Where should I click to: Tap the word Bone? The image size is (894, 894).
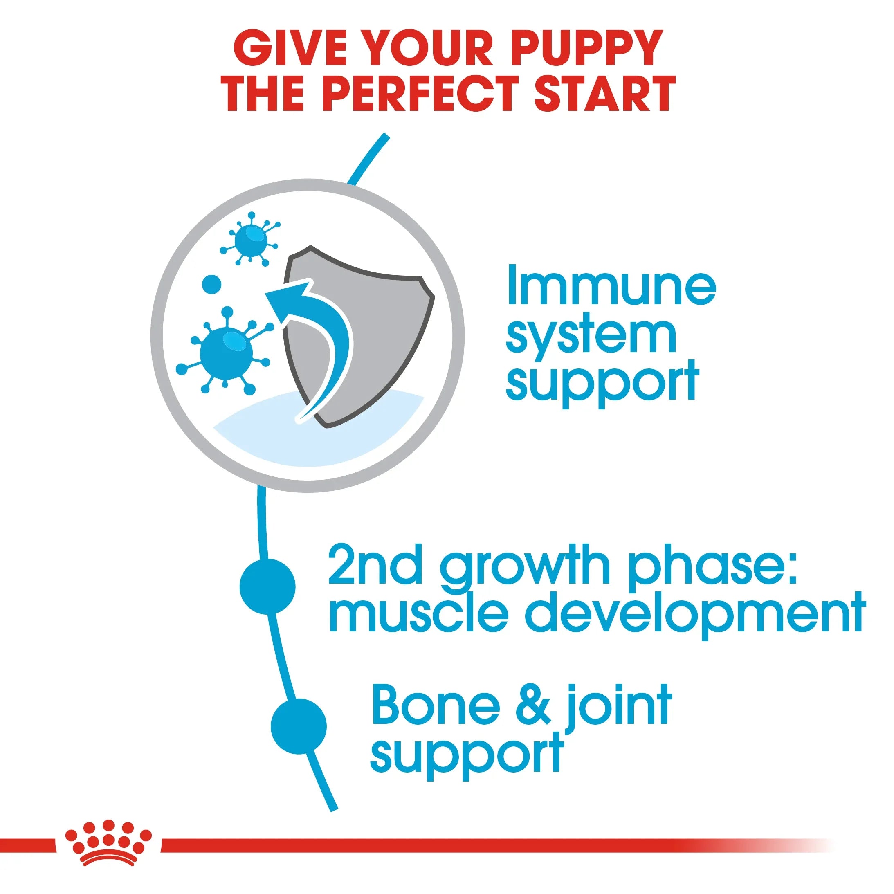click(436, 705)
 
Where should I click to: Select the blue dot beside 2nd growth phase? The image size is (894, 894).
click(267, 586)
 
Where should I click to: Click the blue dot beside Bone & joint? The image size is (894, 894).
click(299, 726)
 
